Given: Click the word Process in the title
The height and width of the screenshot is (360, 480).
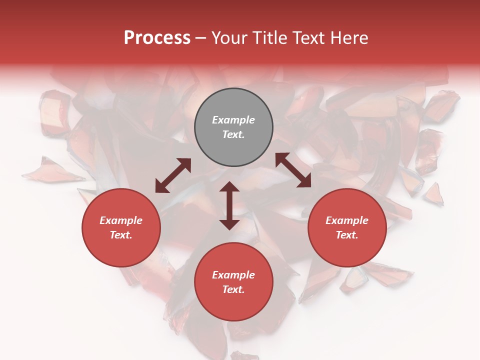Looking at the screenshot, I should (x=157, y=38).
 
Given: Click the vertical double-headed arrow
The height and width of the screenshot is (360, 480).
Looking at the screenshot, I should (x=229, y=205).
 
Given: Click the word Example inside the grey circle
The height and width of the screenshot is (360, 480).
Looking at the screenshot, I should (x=233, y=120).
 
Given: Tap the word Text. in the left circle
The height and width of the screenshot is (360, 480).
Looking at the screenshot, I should (x=121, y=235).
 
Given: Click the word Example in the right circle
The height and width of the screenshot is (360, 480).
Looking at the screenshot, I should (x=347, y=220).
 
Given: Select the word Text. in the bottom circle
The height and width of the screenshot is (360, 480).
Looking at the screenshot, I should (x=233, y=289).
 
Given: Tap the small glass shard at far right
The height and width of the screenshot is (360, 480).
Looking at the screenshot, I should (x=433, y=194).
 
